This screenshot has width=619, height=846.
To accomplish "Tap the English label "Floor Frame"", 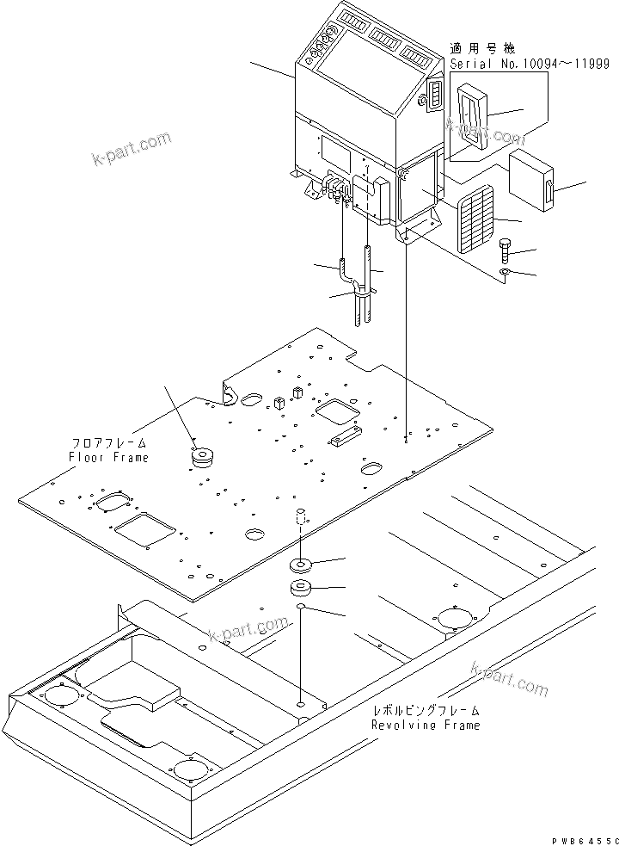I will click(108, 457).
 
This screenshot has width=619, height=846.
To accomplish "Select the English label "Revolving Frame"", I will click(426, 725).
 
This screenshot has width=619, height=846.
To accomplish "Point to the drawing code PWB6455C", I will click(585, 838).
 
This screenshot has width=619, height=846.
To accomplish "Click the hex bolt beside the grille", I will click(504, 249).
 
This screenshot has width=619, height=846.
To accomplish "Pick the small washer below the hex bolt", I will click(504, 274).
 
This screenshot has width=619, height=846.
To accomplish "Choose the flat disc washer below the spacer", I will click(302, 565).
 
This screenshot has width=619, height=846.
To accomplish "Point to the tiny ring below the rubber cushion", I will click(301, 608).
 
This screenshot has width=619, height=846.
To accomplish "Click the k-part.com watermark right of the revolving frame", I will click(509, 677).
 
